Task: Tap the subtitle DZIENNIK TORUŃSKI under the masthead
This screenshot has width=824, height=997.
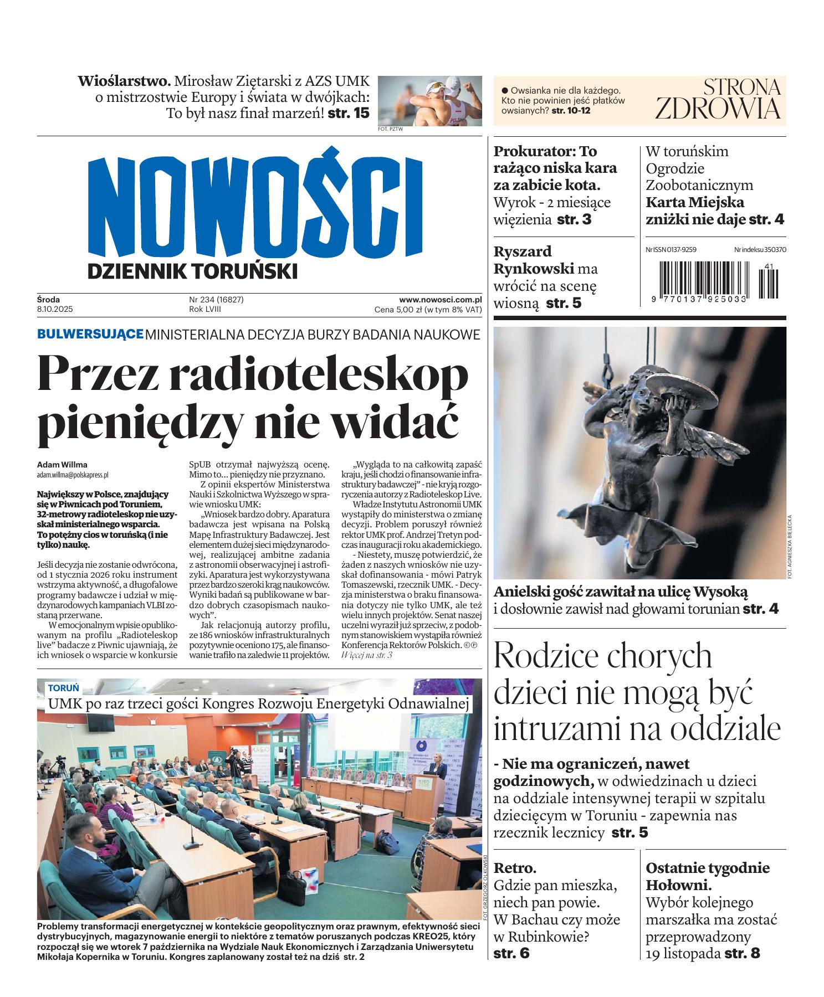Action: pos(192,271)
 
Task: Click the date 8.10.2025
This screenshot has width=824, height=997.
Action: pos(55,309)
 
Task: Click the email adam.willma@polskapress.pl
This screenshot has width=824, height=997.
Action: pos(73,475)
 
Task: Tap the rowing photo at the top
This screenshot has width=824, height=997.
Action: pos(429,101)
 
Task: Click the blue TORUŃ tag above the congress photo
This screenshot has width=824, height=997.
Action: pos(63,688)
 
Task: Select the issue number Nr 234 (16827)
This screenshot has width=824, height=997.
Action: pos(216,300)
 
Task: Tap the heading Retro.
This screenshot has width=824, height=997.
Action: pos(515,867)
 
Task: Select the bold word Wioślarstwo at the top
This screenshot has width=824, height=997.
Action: pos(124,81)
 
